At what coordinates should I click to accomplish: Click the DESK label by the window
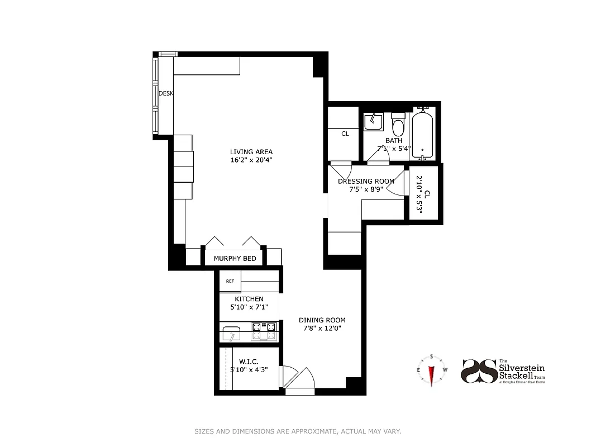(166, 93)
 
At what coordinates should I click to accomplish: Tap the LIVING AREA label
(251, 152)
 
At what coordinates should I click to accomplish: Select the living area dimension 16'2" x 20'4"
(251, 160)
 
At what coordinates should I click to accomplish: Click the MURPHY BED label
(235, 258)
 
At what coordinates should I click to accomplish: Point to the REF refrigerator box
(230, 281)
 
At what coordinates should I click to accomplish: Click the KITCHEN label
(249, 299)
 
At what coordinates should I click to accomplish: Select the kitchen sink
(230, 334)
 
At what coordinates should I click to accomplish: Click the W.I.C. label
(248, 362)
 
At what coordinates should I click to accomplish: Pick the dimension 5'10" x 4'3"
(249, 370)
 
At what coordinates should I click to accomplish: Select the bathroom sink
(373, 121)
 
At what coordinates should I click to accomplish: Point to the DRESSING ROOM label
(366, 181)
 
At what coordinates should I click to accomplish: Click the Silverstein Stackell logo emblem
(479, 371)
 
